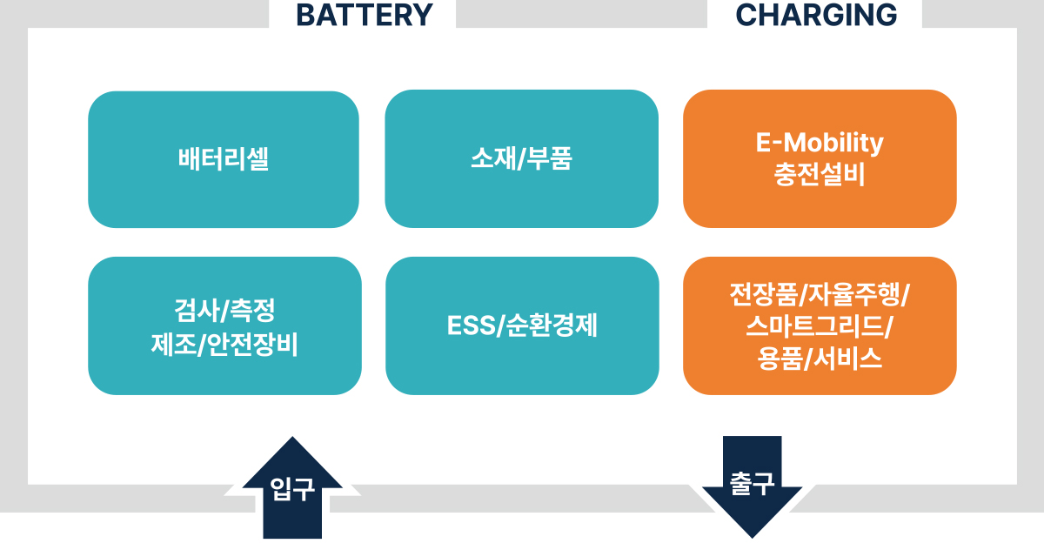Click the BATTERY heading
pyautogui.click(x=364, y=15)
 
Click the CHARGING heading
pyautogui.click(x=816, y=15)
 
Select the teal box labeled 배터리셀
pyautogui.click(x=224, y=159)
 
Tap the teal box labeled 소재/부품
pyautogui.click(x=521, y=159)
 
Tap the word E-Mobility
pyautogui.click(x=820, y=143)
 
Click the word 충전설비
pyautogui.click(x=820, y=175)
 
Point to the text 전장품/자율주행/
pyautogui.click(x=820, y=294)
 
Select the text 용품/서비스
pyautogui.click(x=820, y=358)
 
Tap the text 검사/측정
pyautogui.click(x=224, y=311)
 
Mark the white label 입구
pyautogui.click(x=292, y=489)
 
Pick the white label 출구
pyautogui.click(x=752, y=483)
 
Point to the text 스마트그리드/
pyautogui.click(x=820, y=326)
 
